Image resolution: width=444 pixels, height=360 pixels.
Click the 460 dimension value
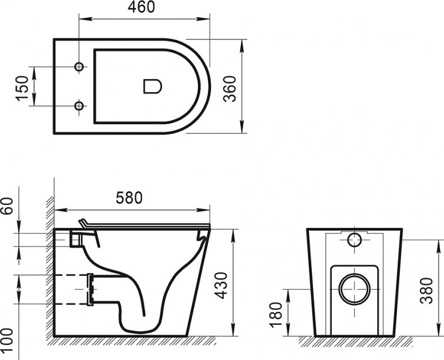tap(141, 8)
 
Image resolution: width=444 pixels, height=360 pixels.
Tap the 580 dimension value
tap(129, 198)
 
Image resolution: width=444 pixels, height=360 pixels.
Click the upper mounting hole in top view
tap(79, 66)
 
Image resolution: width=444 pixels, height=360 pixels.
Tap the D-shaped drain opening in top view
tap(152, 86)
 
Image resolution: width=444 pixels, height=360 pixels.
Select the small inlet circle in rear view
tap(355, 240)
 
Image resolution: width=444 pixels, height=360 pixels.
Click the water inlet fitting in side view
tap(76, 238)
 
